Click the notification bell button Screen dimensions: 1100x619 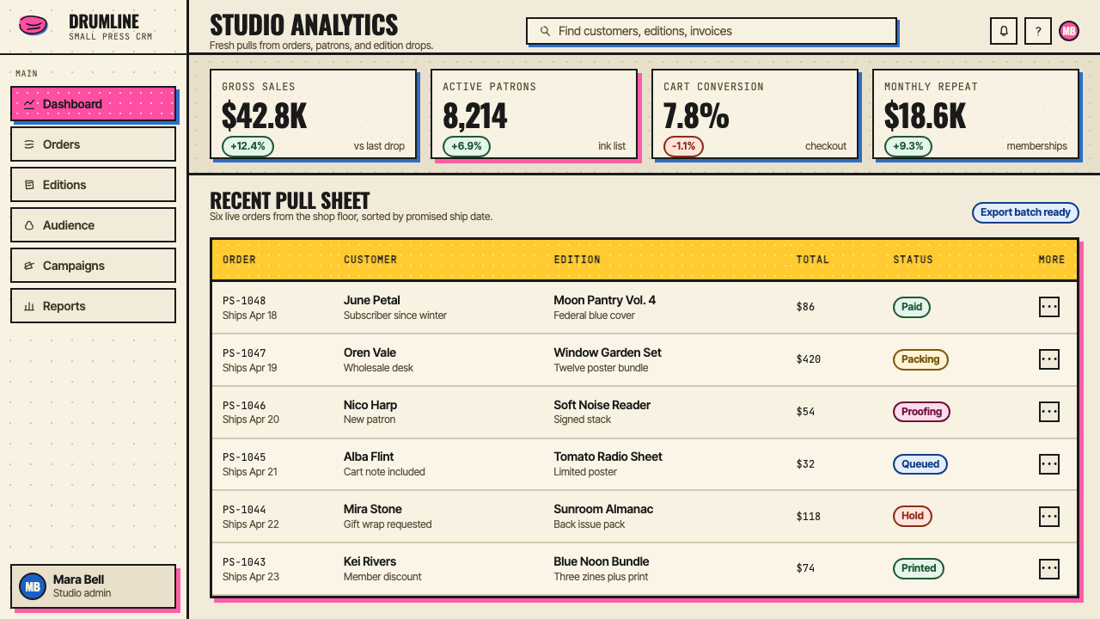point(1003,31)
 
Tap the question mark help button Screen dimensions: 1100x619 point(1037,31)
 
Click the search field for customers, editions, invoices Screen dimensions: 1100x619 point(711,31)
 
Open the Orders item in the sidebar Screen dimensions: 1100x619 point(93,144)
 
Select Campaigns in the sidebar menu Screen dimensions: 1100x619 point(93,266)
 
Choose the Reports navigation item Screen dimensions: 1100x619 point(93,305)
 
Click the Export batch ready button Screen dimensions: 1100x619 point(1025,212)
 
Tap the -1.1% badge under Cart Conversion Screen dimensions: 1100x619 point(683,146)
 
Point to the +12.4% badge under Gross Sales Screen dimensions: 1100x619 point(247,146)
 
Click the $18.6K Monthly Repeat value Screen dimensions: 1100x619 point(925,116)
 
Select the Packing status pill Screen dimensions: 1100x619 point(920,359)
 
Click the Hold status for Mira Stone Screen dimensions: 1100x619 point(913,516)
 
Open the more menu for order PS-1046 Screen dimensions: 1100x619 point(1049,411)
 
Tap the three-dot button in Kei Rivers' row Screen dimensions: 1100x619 point(1049,568)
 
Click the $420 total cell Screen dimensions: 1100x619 point(809,359)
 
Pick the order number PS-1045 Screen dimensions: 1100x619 point(244,457)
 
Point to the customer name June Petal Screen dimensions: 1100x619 point(372,300)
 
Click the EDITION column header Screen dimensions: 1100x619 point(577,260)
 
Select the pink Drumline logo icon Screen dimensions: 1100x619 point(33,25)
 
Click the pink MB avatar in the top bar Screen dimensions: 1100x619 point(1068,31)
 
